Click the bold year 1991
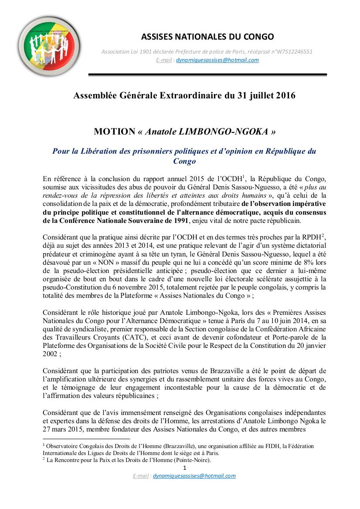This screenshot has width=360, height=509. point(180,221)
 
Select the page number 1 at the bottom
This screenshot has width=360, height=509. point(185,468)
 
